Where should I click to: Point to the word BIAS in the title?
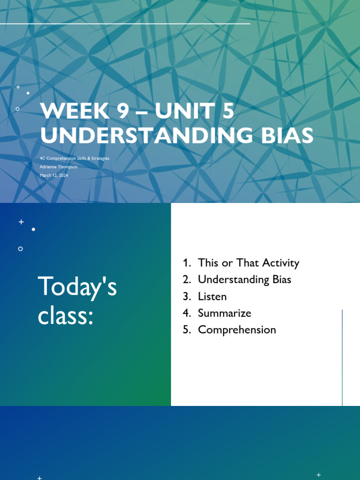tap(286, 135)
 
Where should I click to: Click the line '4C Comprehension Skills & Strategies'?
tap(75, 158)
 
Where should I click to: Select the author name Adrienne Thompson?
tap(59, 166)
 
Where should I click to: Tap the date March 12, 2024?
tap(54, 175)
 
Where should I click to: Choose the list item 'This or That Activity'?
tap(248, 262)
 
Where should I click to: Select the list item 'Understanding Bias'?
tap(244, 279)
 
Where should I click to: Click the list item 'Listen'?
tap(212, 296)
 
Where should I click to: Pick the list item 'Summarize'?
tap(225, 313)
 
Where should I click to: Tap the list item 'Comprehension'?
tap(237, 330)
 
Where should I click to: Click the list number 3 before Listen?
tap(187, 296)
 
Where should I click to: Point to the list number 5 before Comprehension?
tap(187, 330)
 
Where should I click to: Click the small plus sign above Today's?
tap(21, 222)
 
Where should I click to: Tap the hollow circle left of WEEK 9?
tap(18, 109)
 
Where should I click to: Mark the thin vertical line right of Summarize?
tap(342, 356)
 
